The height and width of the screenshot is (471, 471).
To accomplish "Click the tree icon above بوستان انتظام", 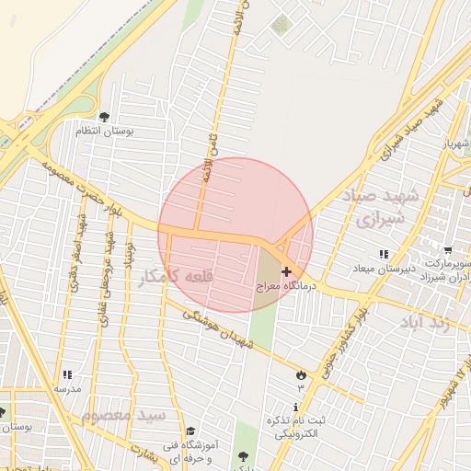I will [x=104, y=117].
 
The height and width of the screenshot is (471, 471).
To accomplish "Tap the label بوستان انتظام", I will [x=130, y=132].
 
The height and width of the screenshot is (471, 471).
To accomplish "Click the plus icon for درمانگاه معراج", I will [x=286, y=271].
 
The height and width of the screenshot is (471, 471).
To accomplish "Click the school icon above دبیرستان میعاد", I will [x=384, y=253].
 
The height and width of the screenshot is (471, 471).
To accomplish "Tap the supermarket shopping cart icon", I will [x=447, y=249].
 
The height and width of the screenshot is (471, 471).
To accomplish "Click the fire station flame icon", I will [x=300, y=373].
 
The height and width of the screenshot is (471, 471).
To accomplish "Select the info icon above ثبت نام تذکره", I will [x=295, y=407].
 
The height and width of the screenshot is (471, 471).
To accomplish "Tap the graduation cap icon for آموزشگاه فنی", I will [x=190, y=431].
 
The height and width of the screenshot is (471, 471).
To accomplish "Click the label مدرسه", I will [x=66, y=389].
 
